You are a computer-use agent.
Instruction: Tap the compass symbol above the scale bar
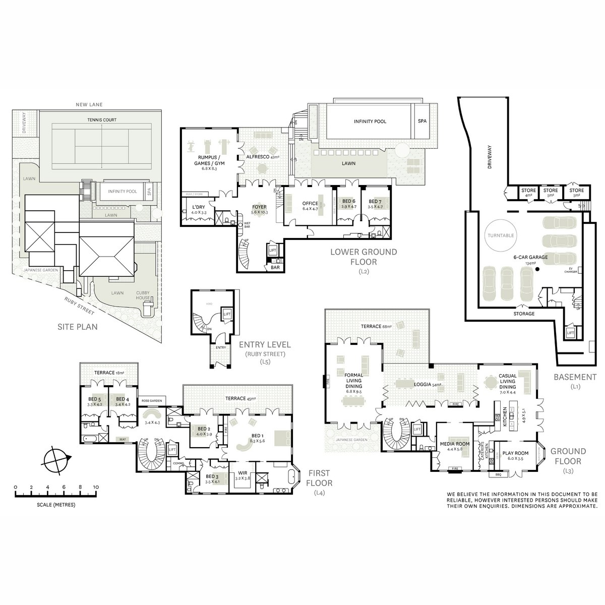[x=55, y=458]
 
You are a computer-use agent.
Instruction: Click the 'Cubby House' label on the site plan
[x=143, y=295]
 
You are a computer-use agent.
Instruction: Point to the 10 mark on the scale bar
[x=96, y=488]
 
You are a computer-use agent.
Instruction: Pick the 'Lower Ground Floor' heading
[x=363, y=256]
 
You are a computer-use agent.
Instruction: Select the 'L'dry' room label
[x=195, y=207]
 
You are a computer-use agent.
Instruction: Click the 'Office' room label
[x=310, y=204]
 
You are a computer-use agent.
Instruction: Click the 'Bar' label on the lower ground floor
[x=275, y=268]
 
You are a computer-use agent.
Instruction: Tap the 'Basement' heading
[x=575, y=377]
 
